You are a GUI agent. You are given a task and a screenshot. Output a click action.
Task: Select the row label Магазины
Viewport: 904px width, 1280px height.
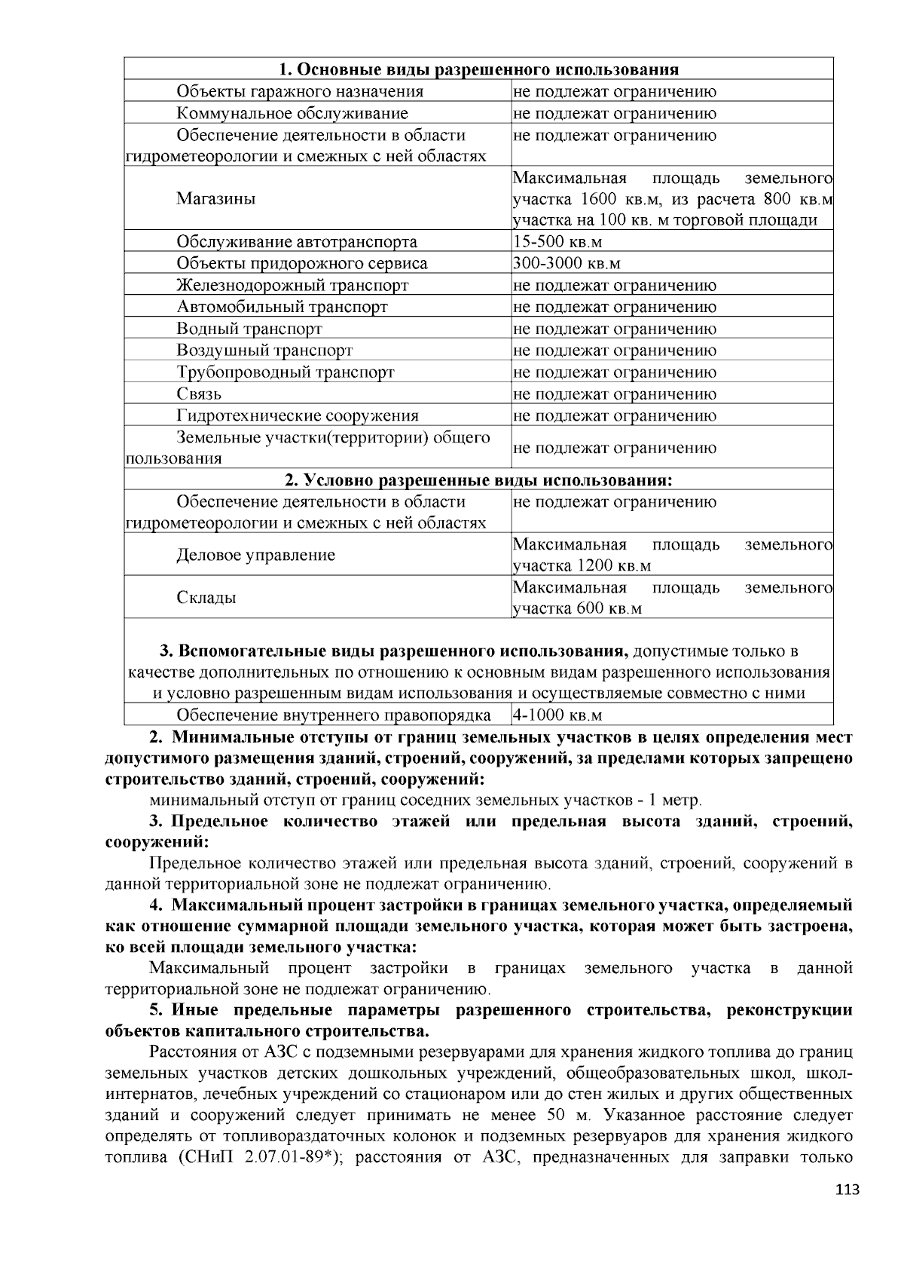(x=216, y=199)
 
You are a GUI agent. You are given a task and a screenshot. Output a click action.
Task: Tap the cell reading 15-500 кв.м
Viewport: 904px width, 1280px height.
(x=557, y=242)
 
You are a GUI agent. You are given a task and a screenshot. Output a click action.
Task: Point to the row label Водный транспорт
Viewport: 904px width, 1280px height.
(x=249, y=329)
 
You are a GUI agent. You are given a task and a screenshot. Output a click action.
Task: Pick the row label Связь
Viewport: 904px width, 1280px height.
(x=199, y=393)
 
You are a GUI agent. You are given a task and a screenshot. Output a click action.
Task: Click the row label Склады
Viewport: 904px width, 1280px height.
(x=206, y=598)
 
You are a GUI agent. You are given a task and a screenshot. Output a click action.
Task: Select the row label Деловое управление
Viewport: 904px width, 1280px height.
(x=255, y=556)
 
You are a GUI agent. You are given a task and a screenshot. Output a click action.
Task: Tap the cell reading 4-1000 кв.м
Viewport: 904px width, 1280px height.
(x=557, y=715)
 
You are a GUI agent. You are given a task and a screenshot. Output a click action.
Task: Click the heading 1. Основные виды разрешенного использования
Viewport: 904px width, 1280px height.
(x=479, y=70)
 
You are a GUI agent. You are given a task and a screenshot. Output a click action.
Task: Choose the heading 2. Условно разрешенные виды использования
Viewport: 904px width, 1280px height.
(x=479, y=480)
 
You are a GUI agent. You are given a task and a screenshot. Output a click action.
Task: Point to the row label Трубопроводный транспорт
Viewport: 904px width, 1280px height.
(x=286, y=372)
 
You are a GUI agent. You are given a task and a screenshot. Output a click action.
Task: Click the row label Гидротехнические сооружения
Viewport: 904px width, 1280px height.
(x=298, y=415)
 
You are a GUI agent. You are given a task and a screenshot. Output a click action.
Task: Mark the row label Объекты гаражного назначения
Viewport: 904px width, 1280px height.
(x=300, y=92)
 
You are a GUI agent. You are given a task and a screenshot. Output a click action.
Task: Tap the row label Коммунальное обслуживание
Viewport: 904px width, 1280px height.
(x=292, y=114)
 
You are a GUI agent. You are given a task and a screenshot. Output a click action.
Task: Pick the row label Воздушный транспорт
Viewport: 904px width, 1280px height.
(x=264, y=351)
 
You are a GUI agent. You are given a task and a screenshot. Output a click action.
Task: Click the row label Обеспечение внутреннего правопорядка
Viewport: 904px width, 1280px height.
(x=334, y=715)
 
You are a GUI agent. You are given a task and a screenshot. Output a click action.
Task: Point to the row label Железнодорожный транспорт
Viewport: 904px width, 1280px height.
(x=292, y=286)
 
